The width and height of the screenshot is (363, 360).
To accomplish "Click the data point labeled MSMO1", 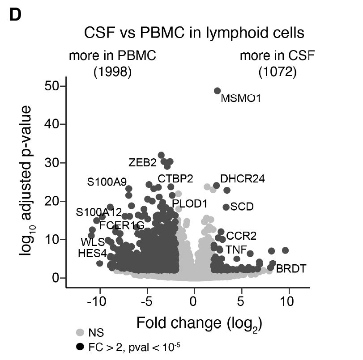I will click(x=218, y=91).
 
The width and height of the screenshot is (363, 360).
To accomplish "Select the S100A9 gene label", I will click(x=107, y=182).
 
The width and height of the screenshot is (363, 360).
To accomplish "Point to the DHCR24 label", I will click(x=242, y=179).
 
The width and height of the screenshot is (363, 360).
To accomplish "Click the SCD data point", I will click(x=226, y=207).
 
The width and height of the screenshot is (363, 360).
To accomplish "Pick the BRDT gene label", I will click(x=291, y=269).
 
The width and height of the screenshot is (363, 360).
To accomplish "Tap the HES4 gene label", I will click(x=92, y=253).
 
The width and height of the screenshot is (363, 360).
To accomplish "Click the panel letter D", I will click(x=15, y=15).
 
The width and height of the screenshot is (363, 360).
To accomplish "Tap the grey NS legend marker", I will click(x=81, y=332).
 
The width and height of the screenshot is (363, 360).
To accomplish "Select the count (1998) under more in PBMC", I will click(x=112, y=72).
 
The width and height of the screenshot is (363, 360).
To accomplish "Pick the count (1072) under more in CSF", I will click(x=278, y=72).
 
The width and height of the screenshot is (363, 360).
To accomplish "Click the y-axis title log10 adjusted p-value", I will click(x=29, y=181).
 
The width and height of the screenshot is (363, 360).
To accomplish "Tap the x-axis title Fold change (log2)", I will click(x=199, y=322).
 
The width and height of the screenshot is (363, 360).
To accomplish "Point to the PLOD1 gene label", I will click(x=190, y=204).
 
